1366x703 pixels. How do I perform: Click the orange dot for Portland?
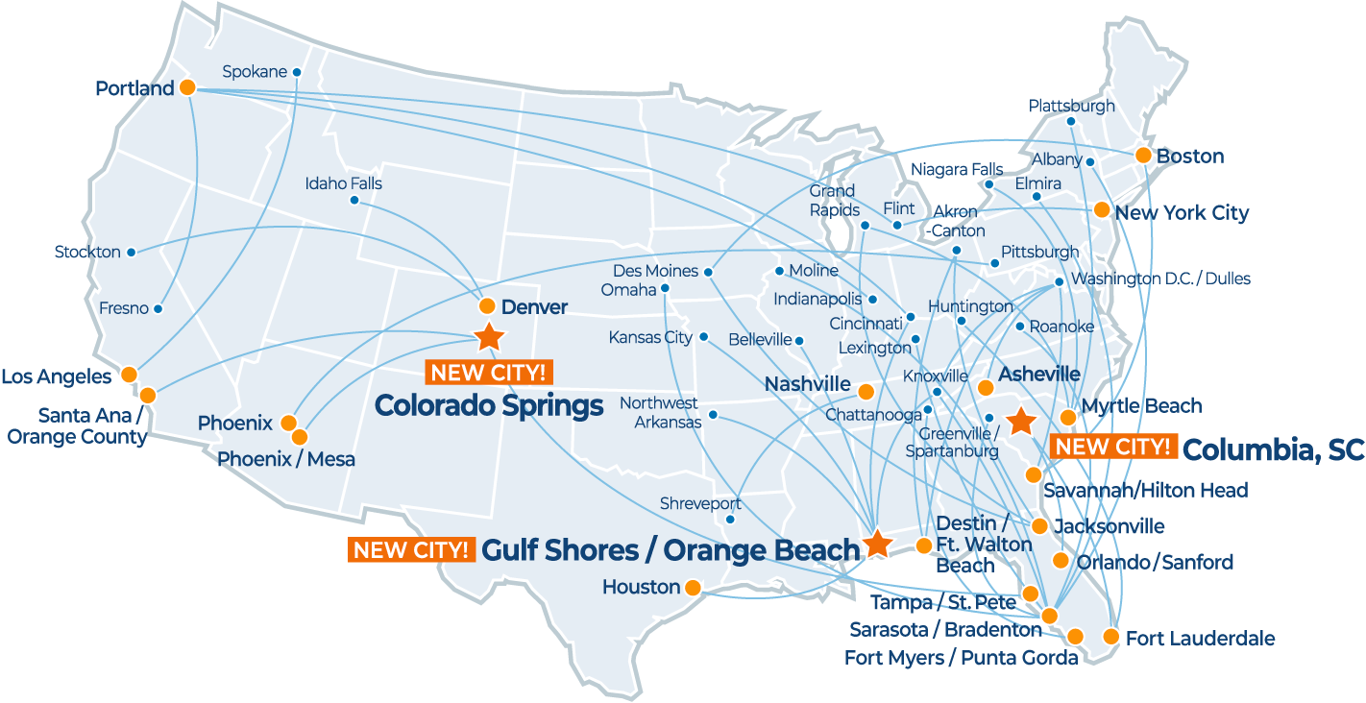[x=187, y=86]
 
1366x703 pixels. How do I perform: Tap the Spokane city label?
[x=255, y=72]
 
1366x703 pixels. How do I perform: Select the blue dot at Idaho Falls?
[x=354, y=201]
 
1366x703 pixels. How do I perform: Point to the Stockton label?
[x=87, y=253]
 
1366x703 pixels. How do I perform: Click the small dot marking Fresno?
[x=158, y=309]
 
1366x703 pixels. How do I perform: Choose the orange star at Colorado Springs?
[x=489, y=336]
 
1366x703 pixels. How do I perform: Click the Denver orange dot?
[x=487, y=306]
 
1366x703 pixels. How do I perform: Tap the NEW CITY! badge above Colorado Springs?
[x=490, y=373]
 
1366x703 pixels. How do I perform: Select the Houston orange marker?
[x=694, y=586]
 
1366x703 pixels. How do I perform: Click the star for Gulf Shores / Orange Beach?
[x=876, y=544]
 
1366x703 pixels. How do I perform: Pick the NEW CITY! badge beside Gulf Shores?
[x=412, y=550]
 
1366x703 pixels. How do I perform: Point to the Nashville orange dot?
[x=866, y=392]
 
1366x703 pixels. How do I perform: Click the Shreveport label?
[x=700, y=504]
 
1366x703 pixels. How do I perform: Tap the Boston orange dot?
[x=1143, y=155]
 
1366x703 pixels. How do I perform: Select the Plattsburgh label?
[x=1071, y=106]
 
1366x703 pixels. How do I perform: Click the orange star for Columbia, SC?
[x=1020, y=421]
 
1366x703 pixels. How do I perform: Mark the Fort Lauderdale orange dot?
[x=1110, y=636]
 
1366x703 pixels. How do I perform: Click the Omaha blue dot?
[x=665, y=288]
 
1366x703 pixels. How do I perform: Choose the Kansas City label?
[x=650, y=338]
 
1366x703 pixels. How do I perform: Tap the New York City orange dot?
[x=1102, y=209]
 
